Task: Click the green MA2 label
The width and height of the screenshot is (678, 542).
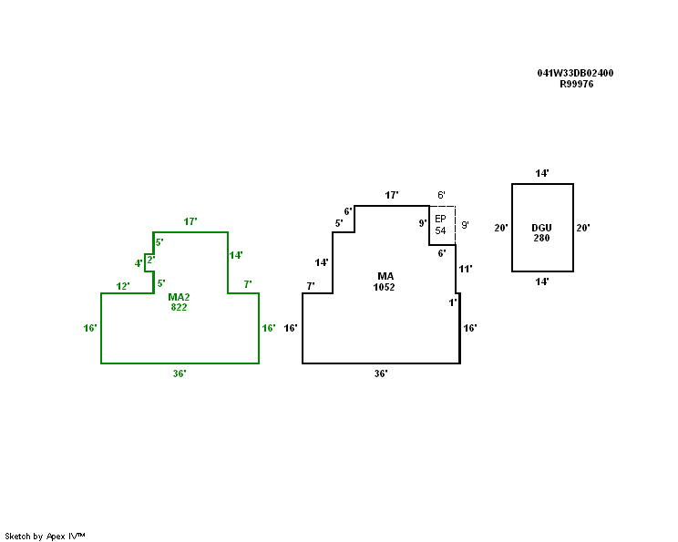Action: (179, 297)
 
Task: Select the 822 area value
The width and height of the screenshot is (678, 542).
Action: (179, 308)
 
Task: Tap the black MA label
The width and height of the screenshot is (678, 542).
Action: (385, 275)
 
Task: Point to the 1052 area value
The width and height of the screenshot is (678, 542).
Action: (385, 287)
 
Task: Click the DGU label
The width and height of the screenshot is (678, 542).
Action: (541, 227)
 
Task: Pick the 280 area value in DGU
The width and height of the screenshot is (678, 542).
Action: (541, 238)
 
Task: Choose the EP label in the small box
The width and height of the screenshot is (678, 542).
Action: (440, 220)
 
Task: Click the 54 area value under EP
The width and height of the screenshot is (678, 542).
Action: (440, 230)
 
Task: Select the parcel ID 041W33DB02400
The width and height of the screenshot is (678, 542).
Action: (575, 73)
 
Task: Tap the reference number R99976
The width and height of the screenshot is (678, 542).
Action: (576, 84)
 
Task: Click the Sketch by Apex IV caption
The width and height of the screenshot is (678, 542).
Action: (45, 536)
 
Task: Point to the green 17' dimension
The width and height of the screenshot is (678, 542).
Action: (190, 222)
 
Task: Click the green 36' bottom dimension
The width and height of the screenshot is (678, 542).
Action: (180, 373)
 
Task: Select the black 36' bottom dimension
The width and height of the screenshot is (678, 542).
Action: (381, 373)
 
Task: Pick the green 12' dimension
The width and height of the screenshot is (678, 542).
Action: (123, 286)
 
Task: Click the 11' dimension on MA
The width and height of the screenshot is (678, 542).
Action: (465, 269)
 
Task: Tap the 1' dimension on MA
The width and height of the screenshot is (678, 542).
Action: (453, 302)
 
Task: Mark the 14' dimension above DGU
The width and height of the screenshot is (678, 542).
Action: (542, 173)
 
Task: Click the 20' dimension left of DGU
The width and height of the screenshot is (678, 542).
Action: (500, 228)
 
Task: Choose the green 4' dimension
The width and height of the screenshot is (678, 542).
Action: (139, 264)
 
